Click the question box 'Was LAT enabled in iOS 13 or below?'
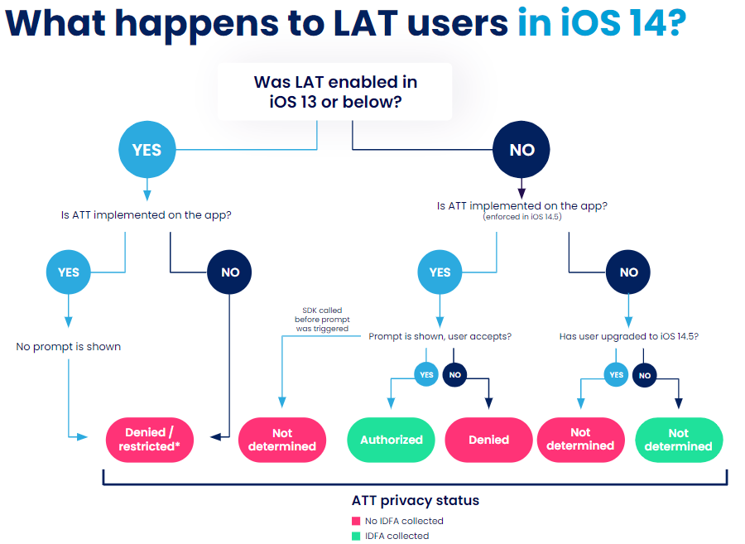tap(334, 93)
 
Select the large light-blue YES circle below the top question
tap(147, 150)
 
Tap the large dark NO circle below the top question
tap(521, 150)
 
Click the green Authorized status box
tap(392, 440)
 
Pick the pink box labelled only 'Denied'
tap(488, 440)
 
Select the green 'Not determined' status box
tap(678, 440)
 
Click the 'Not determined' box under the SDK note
tap(282, 440)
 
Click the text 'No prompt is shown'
tap(68, 346)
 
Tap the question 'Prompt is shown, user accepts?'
tap(440, 337)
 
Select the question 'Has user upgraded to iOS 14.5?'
tap(628, 337)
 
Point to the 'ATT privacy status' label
tap(416, 500)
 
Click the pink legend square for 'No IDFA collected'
tap(356, 521)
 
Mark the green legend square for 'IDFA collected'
tap(356, 536)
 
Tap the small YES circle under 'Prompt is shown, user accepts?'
tap(426, 375)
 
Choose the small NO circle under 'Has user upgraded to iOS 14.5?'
tap(645, 375)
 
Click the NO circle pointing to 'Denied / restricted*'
tap(230, 272)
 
